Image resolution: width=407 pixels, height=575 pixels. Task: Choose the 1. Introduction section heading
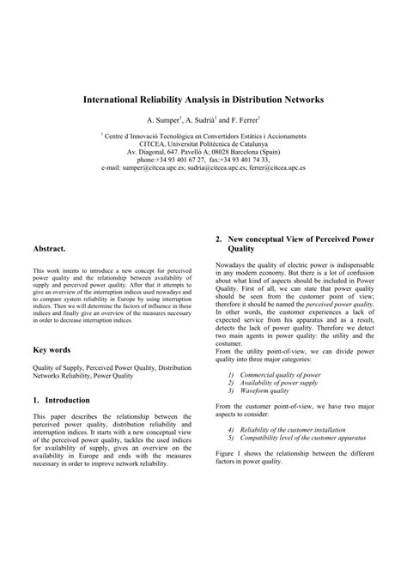pos(66,400)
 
